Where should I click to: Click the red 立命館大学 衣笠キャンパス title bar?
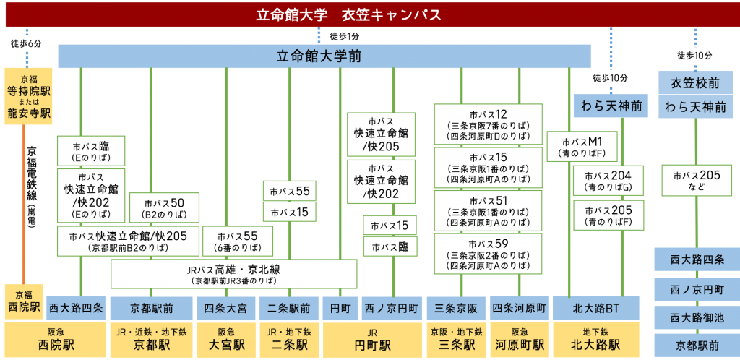click(369, 14)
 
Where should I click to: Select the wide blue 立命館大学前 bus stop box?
click(324, 56)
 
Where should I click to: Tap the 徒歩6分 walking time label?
click(27, 43)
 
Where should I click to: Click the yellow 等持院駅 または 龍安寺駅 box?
click(29, 96)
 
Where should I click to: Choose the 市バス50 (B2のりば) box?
click(165, 207)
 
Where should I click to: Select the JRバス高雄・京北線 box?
click(233, 274)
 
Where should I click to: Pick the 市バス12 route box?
click(488, 124)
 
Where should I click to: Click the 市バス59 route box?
click(488, 254)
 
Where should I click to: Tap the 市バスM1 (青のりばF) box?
click(582, 147)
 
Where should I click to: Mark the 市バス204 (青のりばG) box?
click(608, 181)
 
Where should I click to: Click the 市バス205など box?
click(697, 180)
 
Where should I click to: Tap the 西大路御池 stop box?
click(697, 317)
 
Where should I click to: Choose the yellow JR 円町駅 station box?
click(370, 340)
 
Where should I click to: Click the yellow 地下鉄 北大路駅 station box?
click(596, 340)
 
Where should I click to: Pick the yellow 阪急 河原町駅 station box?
click(519, 340)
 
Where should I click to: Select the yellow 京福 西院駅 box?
click(23, 301)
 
